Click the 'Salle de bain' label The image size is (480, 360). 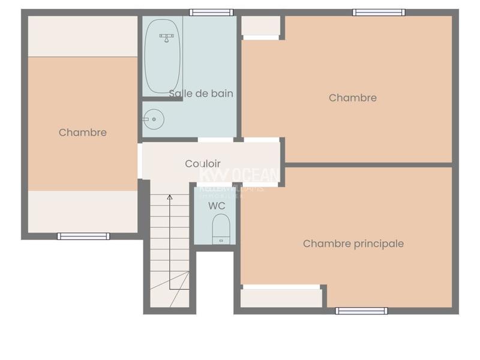pyautogui.click(x=201, y=94)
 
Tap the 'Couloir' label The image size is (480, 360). pyautogui.click(x=203, y=164)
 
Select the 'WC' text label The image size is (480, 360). pyautogui.click(x=217, y=206)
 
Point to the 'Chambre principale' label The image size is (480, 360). pyautogui.click(x=353, y=244)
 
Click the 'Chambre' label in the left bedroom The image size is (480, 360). pyautogui.click(x=83, y=133)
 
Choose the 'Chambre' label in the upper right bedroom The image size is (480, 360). pyautogui.click(x=353, y=98)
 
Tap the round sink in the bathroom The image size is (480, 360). pyautogui.click(x=155, y=119)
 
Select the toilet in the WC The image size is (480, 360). pyautogui.click(x=221, y=229)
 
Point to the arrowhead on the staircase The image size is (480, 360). pyautogui.click(x=170, y=196)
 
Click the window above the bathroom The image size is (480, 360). pyautogui.click(x=211, y=13)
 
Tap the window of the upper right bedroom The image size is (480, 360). pyautogui.click(x=378, y=13)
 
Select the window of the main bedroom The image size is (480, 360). pyautogui.click(x=361, y=311)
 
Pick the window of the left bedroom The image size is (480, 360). pyautogui.click(x=83, y=236)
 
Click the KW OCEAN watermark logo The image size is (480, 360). pyautogui.click(x=239, y=176)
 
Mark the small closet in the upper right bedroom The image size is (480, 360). pyautogui.click(x=261, y=26)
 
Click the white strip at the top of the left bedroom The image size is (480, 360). pyautogui.click(x=83, y=36)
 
